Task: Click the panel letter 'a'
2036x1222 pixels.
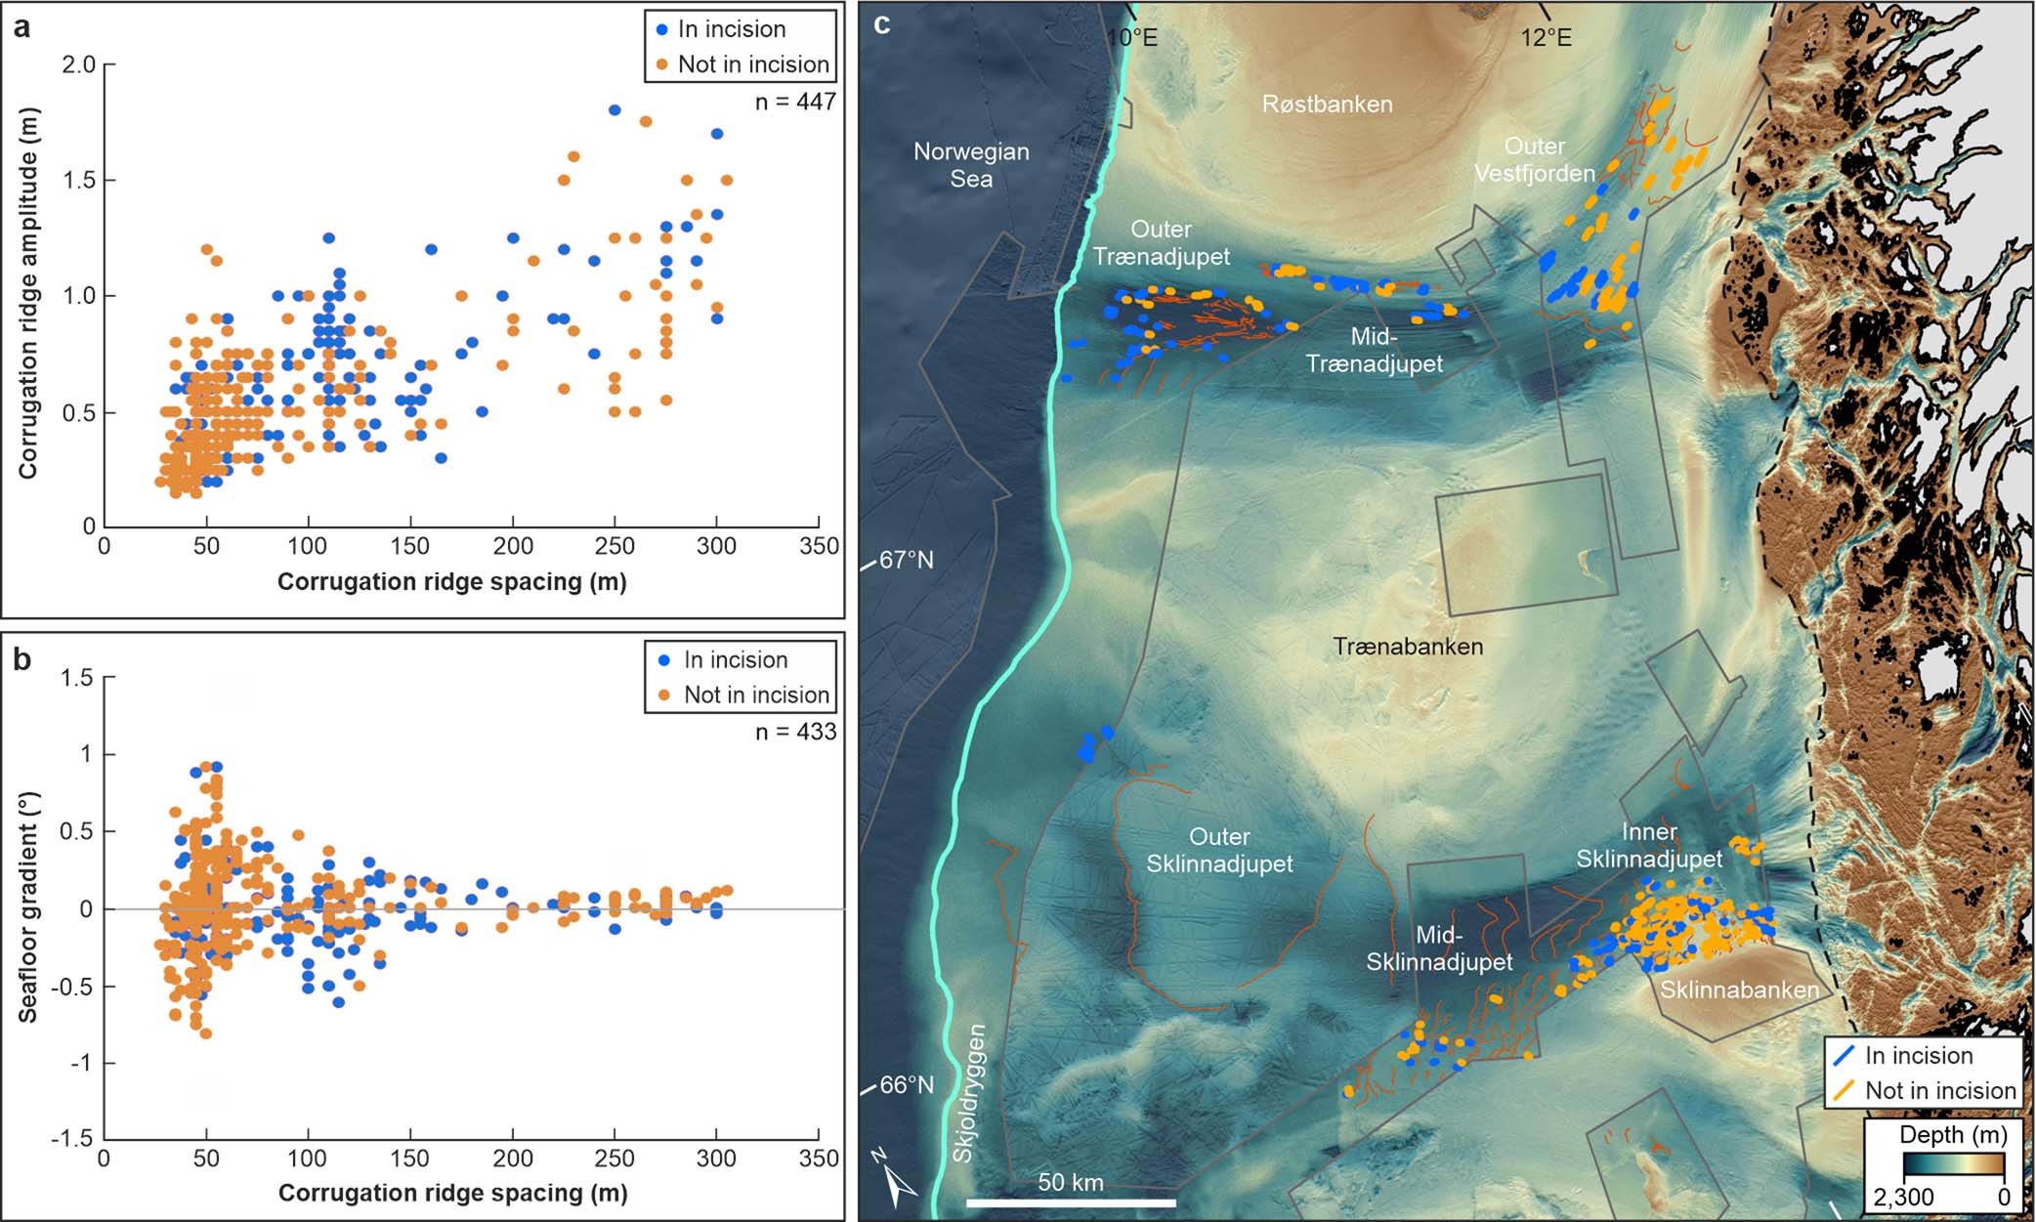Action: [21, 26]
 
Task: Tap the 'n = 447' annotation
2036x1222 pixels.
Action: [795, 102]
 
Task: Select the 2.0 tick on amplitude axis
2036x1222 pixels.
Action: [78, 64]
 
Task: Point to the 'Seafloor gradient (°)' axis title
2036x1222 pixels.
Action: [27, 907]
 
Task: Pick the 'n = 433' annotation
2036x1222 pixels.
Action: [795, 732]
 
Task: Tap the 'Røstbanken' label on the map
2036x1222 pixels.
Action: [1327, 105]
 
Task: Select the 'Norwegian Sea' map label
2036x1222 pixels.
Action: [970, 165]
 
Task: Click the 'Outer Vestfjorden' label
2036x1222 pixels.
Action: [1534, 159]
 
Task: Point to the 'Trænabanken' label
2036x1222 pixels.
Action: [1408, 647]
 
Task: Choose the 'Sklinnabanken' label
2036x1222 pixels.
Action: [1739, 990]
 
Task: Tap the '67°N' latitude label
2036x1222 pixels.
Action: [907, 560]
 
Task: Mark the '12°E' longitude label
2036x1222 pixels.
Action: [1546, 38]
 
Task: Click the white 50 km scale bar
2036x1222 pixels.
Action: [1071, 1201]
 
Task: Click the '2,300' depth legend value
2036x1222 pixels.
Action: [1904, 1197]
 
